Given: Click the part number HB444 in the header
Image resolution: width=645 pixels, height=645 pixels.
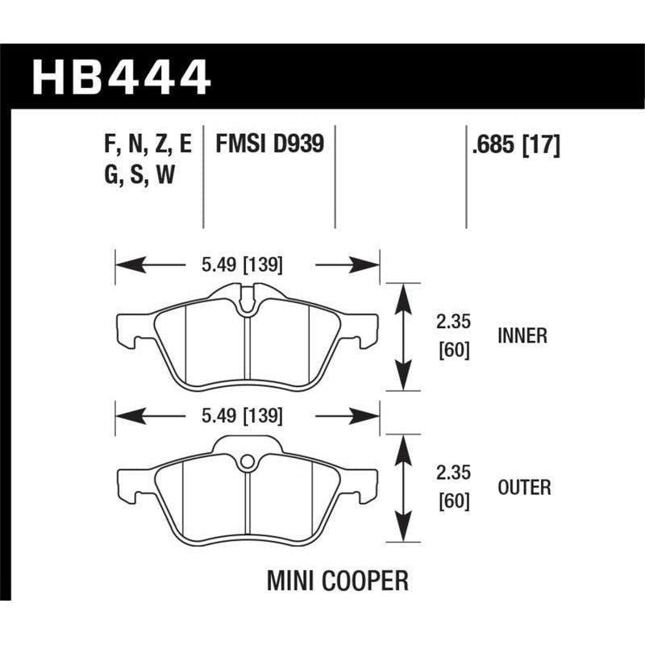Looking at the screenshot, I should pyautogui.click(x=121, y=77).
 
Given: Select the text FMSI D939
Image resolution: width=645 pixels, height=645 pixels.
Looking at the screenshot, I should pyautogui.click(x=269, y=145).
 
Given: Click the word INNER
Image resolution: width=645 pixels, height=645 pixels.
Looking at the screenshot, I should pyautogui.click(x=523, y=335).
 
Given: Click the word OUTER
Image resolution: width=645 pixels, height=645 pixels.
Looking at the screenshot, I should pyautogui.click(x=525, y=487).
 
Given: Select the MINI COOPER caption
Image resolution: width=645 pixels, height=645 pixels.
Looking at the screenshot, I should pyautogui.click(x=338, y=580).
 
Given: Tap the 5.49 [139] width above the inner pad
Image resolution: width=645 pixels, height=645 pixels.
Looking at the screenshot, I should pyautogui.click(x=243, y=264).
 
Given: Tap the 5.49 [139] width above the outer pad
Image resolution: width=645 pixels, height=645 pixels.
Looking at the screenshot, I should pyautogui.click(x=243, y=416).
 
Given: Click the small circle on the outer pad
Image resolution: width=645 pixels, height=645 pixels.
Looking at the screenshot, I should pyautogui.click(x=248, y=462).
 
